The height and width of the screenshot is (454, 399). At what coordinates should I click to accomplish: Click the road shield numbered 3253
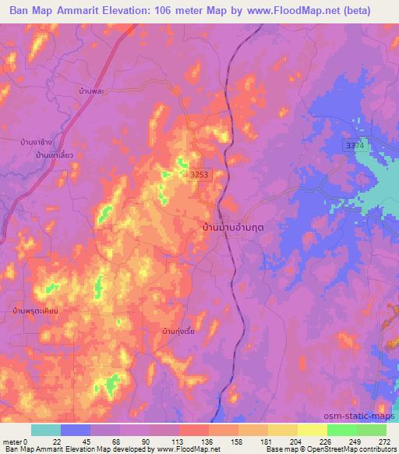click(x=201, y=177)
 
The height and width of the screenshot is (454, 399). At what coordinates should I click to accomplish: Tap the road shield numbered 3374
click(x=355, y=146)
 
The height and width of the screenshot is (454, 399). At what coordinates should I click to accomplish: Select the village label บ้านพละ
click(x=92, y=92)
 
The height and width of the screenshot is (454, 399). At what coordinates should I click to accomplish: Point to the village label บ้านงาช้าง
click(x=37, y=143)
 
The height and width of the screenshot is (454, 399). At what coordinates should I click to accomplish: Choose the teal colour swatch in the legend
click(x=46, y=430)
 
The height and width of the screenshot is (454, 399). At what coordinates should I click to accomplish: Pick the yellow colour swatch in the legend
click(x=312, y=430)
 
